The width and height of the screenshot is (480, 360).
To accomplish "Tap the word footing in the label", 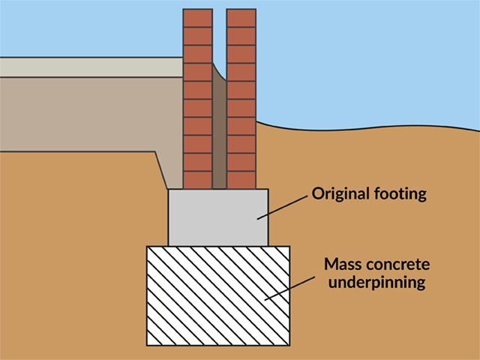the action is coord(400,194).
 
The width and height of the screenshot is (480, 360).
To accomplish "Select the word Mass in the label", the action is coord(342,264).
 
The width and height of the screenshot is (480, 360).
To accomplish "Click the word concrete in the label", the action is coord(397,265).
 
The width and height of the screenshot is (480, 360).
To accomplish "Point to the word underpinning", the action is coord(376,282).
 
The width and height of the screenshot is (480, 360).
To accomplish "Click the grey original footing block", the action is coord(218,217).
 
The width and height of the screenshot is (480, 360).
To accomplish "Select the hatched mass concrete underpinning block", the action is coord(218,296).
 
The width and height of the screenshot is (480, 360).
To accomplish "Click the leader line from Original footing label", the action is coord(282,208).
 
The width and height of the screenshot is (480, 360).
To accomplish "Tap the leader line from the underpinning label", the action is coord(289,288).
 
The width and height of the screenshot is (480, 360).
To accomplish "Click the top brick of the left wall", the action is coord(198,18).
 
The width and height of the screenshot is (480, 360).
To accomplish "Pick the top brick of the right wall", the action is coord(241,18).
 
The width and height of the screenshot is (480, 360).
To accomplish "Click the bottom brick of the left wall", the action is coord(198,180).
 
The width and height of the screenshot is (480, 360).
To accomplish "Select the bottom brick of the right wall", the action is coord(241,180).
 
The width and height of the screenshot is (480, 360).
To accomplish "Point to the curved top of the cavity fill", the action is coord(219,74).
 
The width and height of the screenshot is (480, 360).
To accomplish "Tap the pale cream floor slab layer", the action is coord(91,67).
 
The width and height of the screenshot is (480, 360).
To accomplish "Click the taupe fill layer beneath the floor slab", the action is coord(91,114).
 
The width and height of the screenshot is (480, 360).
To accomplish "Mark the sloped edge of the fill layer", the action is coord(161,170).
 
